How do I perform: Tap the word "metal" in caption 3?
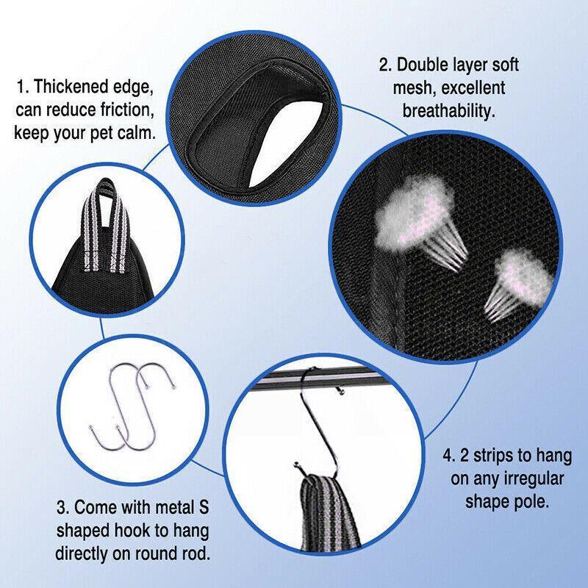(163, 507)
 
